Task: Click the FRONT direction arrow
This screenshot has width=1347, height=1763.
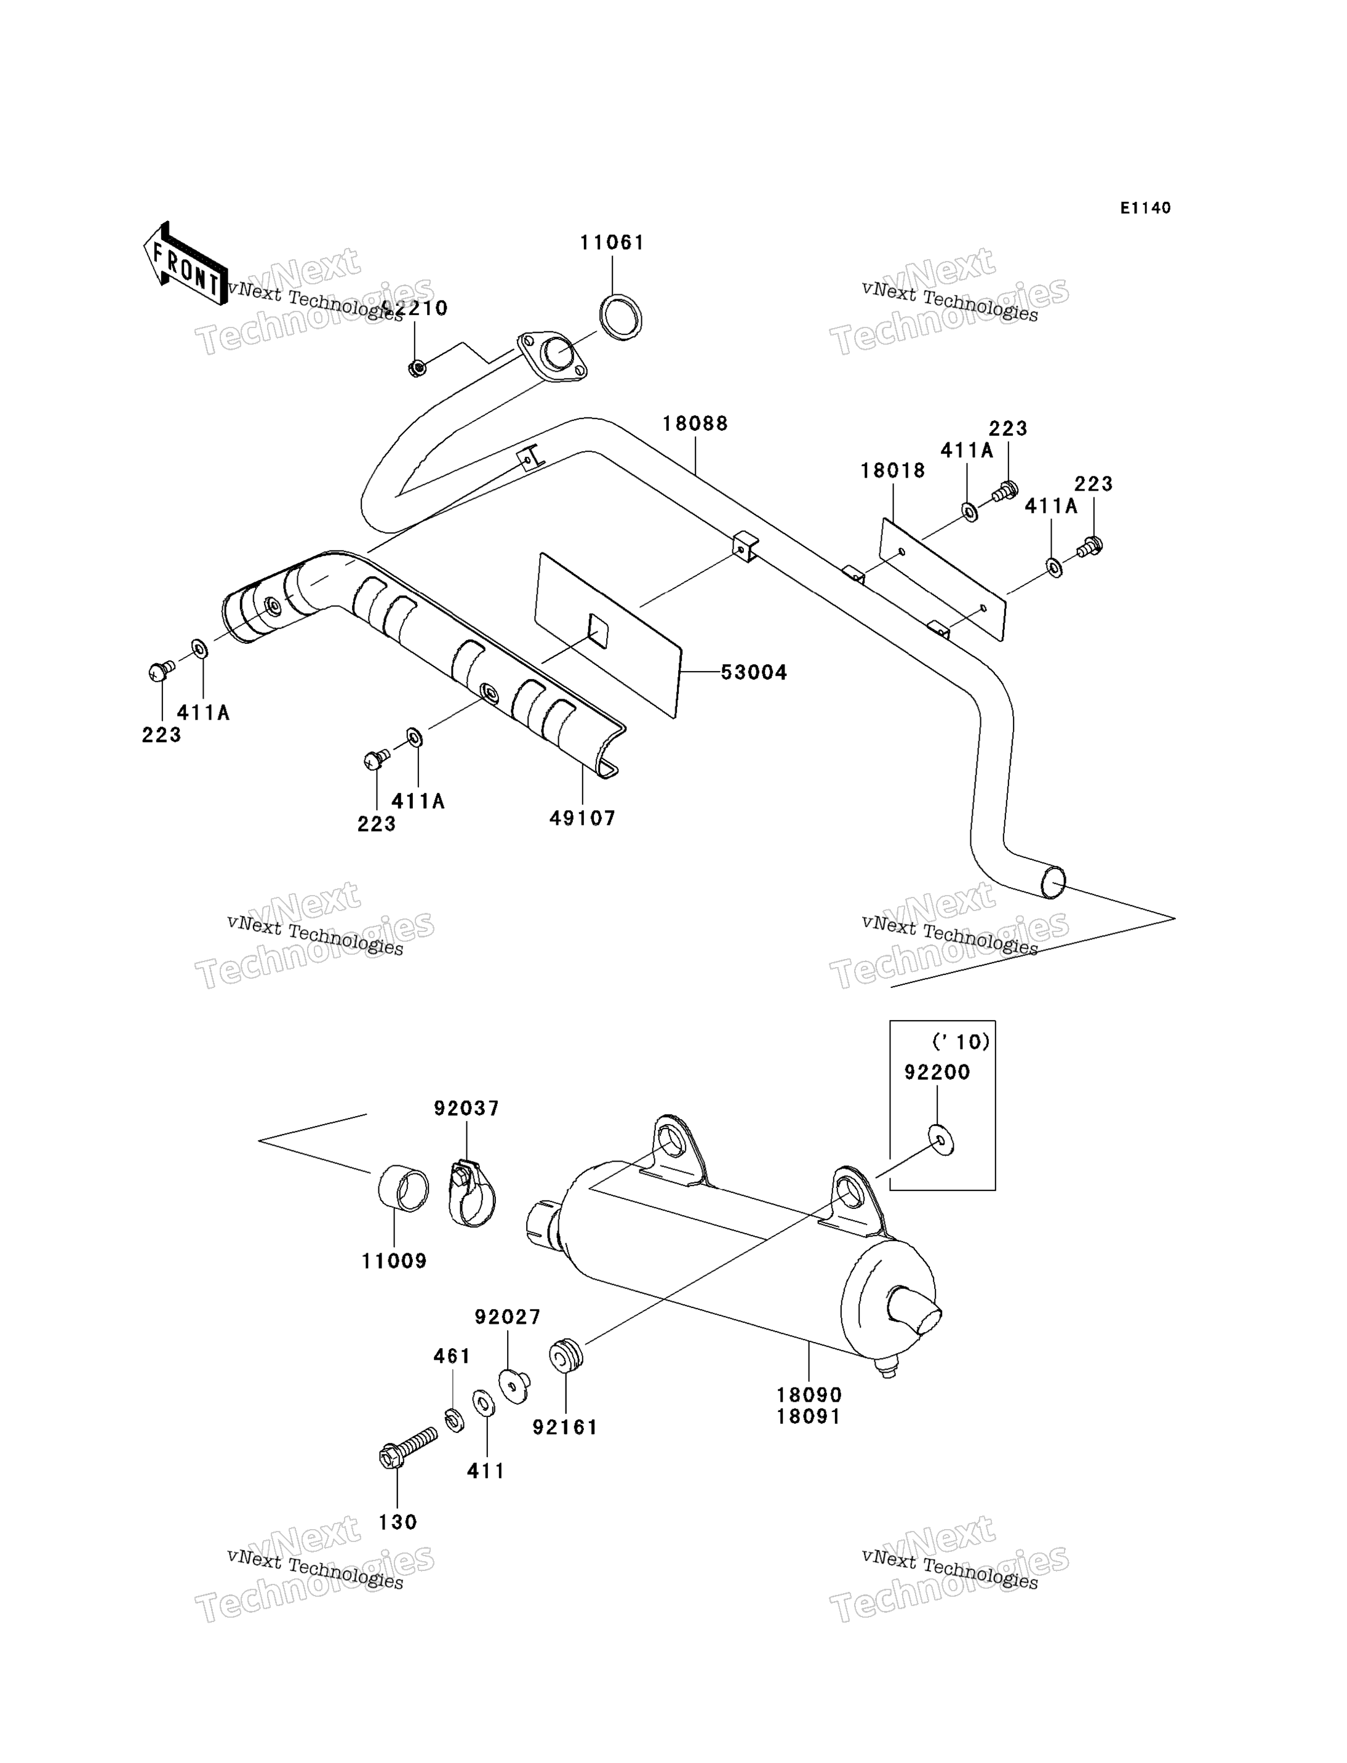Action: click(x=185, y=264)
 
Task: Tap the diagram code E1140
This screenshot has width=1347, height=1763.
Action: click(x=1145, y=207)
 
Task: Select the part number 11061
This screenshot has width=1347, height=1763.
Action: click(x=612, y=243)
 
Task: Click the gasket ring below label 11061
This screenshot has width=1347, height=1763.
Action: click(x=621, y=318)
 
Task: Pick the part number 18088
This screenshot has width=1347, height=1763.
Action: click(x=695, y=424)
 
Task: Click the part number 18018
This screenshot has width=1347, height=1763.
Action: click(x=893, y=471)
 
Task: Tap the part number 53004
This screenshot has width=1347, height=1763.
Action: click(x=754, y=672)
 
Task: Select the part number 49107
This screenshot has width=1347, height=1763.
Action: click(x=582, y=818)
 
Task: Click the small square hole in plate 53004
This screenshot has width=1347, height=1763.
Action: click(x=598, y=630)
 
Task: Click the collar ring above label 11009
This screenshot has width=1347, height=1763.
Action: click(x=403, y=1188)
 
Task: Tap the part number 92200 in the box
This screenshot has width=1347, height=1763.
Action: click(x=937, y=1072)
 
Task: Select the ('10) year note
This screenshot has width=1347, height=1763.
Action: click(x=961, y=1042)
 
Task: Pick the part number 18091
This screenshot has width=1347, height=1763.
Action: click(x=809, y=1417)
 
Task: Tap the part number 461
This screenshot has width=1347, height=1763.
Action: click(x=452, y=1356)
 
